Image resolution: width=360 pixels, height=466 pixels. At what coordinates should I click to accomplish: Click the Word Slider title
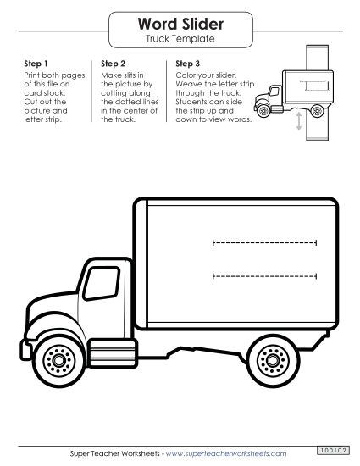180,24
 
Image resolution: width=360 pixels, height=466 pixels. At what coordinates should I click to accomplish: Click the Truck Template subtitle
180,39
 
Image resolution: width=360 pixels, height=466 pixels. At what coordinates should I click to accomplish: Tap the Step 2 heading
114,64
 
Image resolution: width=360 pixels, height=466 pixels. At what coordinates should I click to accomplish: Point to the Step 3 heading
188,64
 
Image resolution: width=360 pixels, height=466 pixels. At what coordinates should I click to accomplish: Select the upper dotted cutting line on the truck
264,242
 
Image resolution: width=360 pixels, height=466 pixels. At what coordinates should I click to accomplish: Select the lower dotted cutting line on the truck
264,275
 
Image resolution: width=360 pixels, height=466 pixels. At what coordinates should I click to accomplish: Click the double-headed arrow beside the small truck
298,124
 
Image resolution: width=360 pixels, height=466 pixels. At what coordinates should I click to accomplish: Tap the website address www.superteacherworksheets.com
231,454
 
